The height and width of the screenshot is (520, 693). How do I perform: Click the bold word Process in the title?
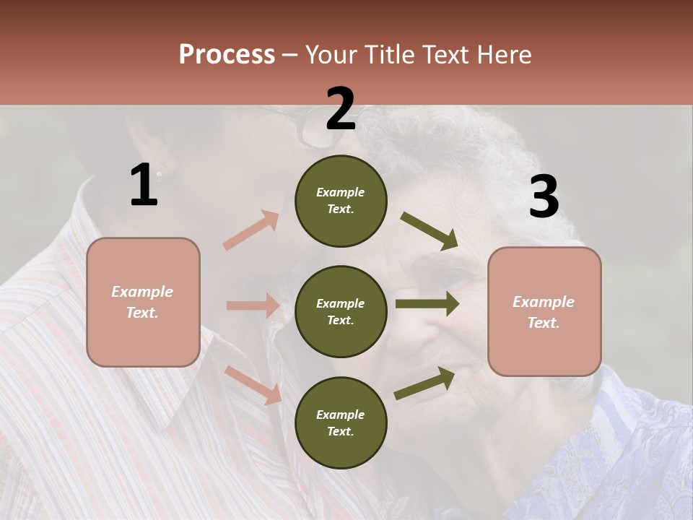[x=227, y=54]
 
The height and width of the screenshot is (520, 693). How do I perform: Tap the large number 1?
[x=144, y=185]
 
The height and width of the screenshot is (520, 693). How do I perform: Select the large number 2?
[x=341, y=109]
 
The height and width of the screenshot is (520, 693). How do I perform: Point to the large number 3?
[x=544, y=197]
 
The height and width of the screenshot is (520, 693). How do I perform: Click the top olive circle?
[x=341, y=201]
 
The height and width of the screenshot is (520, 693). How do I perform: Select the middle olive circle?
[x=341, y=311]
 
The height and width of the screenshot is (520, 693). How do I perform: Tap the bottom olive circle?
[x=341, y=422]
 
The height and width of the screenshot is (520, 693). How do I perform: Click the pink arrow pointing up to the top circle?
[x=250, y=230]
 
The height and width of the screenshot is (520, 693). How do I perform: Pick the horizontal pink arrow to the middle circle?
[x=252, y=305]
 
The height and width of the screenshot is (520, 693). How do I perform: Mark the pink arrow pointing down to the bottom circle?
[x=253, y=384]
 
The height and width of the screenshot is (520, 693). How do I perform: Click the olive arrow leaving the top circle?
[x=429, y=230]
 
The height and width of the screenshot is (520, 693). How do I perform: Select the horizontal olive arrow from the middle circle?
[x=427, y=303]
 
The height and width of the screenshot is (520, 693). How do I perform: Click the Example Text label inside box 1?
[x=142, y=302]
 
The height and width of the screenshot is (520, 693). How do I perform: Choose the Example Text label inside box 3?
[x=544, y=312]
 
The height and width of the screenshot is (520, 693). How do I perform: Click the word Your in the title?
[x=333, y=54]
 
